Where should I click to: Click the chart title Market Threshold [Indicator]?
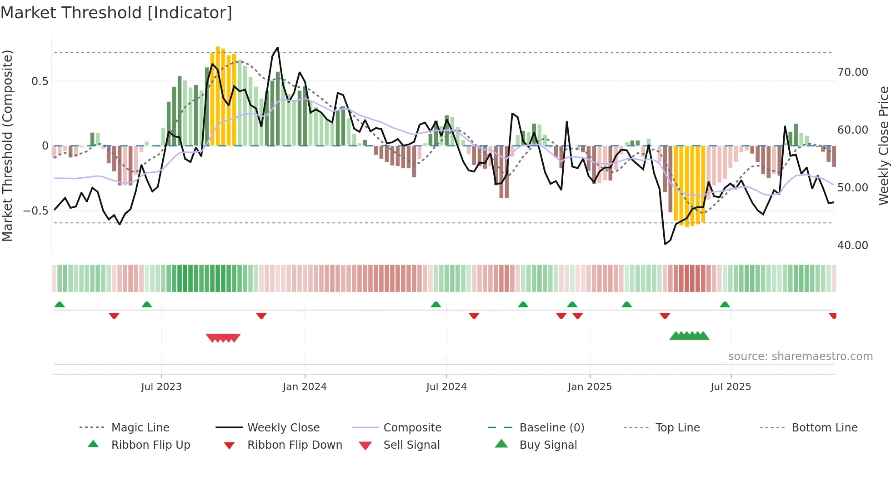pyautogui.click(x=116, y=13)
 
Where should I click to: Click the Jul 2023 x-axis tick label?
pyautogui.click(x=161, y=387)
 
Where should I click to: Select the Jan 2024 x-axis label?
pyautogui.click(x=305, y=387)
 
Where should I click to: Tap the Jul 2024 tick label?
pyautogui.click(x=446, y=387)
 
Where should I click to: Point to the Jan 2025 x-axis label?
pyautogui.click(x=590, y=387)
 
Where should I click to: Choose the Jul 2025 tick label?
pyautogui.click(x=731, y=387)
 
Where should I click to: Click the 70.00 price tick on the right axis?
pyautogui.click(x=853, y=72)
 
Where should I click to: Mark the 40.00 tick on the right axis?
pyautogui.click(x=853, y=245)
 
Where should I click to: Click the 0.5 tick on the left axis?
pyautogui.click(x=40, y=81)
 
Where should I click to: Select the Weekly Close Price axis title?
pyautogui.click(x=883, y=145)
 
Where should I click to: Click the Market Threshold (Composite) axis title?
pyautogui.click(x=7, y=145)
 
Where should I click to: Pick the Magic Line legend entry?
pyautogui.click(x=140, y=428)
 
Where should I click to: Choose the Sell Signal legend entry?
pyautogui.click(x=411, y=445)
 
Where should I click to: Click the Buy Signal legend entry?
pyautogui.click(x=548, y=445)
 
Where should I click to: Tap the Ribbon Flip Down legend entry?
pyautogui.click(x=295, y=445)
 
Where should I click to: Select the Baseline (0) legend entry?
pyautogui.click(x=551, y=428)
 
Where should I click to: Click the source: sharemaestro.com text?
pyautogui.click(x=800, y=356)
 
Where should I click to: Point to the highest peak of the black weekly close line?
pyautogui.click(x=278, y=48)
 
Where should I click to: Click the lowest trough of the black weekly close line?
pyautogui.click(x=665, y=244)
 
